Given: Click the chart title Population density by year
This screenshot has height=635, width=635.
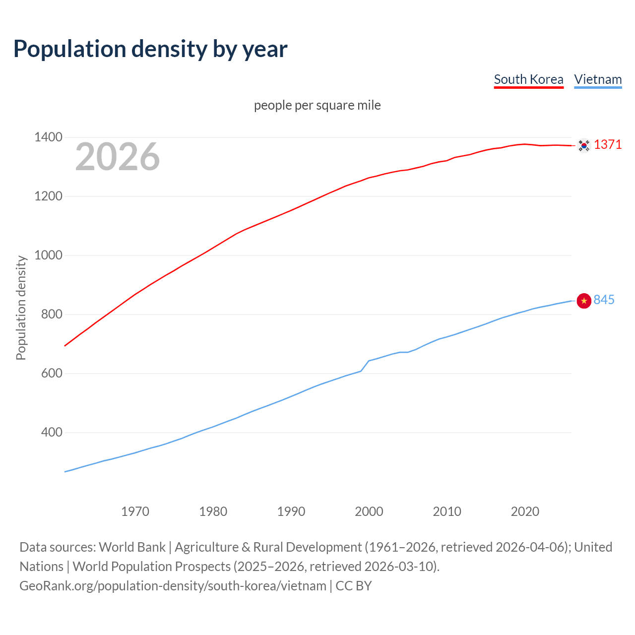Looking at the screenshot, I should (x=150, y=49).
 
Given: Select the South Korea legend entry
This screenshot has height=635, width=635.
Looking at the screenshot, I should (x=528, y=79).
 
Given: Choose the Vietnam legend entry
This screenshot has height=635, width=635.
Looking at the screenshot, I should (x=598, y=79).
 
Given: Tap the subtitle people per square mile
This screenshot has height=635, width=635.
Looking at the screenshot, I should (x=317, y=105).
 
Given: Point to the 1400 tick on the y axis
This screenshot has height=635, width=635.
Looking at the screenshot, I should (x=48, y=137).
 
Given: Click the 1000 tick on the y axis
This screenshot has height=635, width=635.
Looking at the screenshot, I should (x=48, y=255).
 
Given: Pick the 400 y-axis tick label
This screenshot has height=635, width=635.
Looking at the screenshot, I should (x=52, y=433).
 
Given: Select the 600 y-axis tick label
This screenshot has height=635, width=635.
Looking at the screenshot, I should (x=52, y=374).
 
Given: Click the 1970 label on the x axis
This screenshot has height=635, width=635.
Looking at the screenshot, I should (x=135, y=511).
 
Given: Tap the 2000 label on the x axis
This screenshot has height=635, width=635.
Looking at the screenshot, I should (x=369, y=511).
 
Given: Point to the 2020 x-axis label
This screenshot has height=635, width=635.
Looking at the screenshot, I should (x=525, y=511).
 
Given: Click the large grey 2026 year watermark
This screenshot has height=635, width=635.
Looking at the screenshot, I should (x=118, y=157).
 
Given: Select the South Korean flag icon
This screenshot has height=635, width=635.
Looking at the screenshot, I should (x=584, y=145).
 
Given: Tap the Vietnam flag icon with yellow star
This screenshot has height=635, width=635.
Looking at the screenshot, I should (x=584, y=301).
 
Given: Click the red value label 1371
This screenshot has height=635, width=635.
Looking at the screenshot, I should (x=608, y=144).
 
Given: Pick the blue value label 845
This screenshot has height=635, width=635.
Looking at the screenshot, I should (x=604, y=300).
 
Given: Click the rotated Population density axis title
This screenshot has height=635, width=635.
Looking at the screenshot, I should (x=21, y=308).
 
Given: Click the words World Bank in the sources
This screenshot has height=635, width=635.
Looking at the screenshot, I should (x=132, y=547).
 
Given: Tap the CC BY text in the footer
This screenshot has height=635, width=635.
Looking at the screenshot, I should (x=354, y=586).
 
